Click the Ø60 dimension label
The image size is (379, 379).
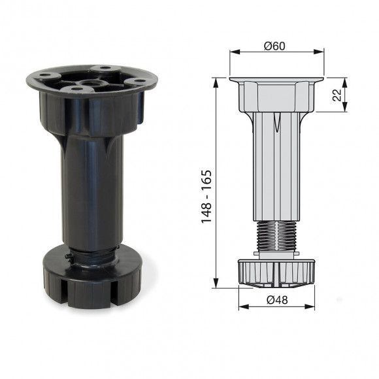(276, 46)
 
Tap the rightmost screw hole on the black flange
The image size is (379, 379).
(140, 81)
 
